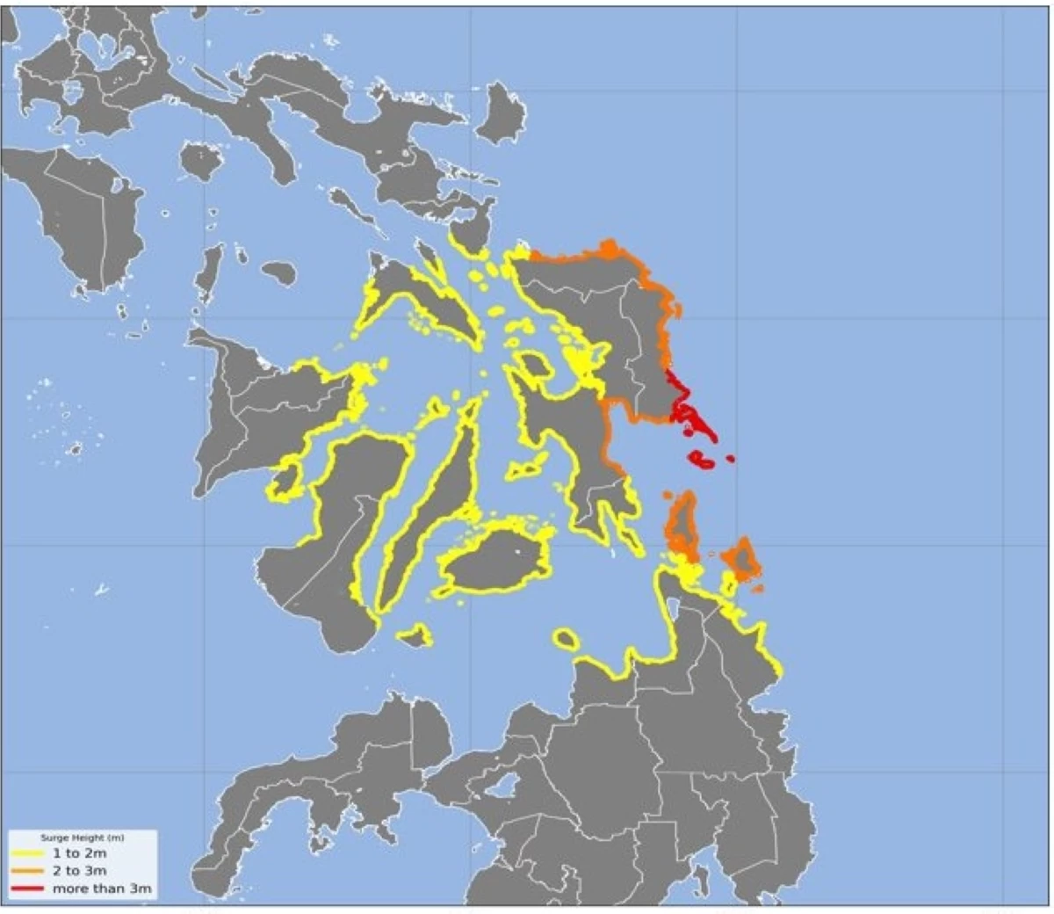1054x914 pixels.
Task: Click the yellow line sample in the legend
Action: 29,853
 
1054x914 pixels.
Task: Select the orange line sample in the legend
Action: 29,871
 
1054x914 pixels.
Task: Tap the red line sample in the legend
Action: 29,889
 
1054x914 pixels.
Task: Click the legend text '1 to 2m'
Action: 79,853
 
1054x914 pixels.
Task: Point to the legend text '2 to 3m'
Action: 79,871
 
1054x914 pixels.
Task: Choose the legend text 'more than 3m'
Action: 101,889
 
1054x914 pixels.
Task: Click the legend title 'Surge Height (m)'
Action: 83,838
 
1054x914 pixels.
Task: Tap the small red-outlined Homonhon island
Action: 701,458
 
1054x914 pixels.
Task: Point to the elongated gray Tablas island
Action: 209,272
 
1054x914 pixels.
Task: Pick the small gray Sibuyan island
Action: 278,272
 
